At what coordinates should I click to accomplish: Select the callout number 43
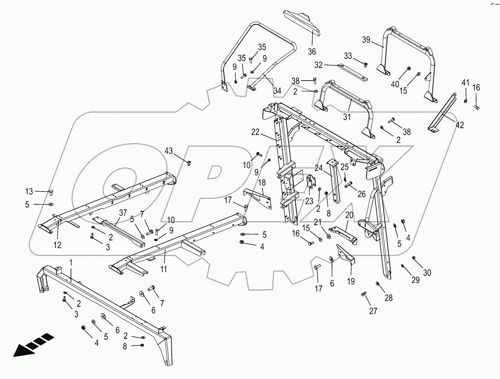169,151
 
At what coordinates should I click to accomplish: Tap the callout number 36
312,51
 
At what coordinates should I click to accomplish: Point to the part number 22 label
256,132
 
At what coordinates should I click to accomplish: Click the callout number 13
29,191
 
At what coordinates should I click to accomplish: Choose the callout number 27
373,311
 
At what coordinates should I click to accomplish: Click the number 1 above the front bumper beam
71,262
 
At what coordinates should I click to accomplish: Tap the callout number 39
366,40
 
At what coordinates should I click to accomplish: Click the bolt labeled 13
51,192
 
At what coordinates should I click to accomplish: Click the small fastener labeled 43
189,163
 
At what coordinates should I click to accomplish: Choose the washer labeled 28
378,284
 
